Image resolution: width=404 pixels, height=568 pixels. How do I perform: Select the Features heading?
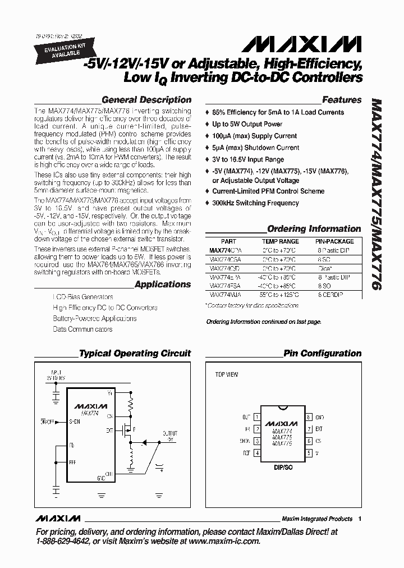click(x=342, y=100)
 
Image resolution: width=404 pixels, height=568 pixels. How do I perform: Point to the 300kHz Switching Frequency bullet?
click(x=255, y=203)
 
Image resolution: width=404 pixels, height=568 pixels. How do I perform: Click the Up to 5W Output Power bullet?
click(x=247, y=124)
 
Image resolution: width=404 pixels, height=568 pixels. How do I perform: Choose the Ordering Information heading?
click(x=314, y=229)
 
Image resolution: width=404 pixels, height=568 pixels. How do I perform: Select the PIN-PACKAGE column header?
click(x=334, y=241)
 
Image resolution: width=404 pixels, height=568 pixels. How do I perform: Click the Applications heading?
click(x=163, y=285)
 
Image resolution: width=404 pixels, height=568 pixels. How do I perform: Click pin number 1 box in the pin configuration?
click(x=257, y=418)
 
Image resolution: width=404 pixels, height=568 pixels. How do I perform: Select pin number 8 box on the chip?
click(x=309, y=418)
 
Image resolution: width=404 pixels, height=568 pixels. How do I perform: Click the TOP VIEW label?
click(x=227, y=374)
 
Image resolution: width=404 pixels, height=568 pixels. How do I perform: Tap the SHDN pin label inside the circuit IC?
click(x=75, y=420)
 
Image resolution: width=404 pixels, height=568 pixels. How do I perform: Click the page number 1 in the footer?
click(x=360, y=519)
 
